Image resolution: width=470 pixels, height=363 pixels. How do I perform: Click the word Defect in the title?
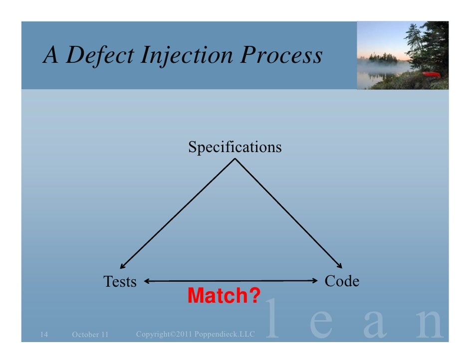(x=100, y=56)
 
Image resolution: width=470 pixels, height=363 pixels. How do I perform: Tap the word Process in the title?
(x=280, y=56)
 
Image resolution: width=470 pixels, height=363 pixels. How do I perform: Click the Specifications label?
(x=235, y=147)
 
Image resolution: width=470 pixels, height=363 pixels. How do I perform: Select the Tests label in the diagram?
(x=120, y=282)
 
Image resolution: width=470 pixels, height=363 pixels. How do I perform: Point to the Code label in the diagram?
(x=342, y=281)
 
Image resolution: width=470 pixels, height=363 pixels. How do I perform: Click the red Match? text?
(x=224, y=296)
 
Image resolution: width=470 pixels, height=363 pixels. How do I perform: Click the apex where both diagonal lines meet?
(x=235, y=160)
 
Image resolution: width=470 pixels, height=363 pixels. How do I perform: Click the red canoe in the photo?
(x=431, y=75)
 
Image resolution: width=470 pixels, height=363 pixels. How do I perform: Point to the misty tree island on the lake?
(x=383, y=58)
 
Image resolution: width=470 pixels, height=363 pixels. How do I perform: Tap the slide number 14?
(x=43, y=334)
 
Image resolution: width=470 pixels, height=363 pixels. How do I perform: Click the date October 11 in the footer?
(x=90, y=334)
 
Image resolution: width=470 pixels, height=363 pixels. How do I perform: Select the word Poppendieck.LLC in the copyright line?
(x=224, y=333)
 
